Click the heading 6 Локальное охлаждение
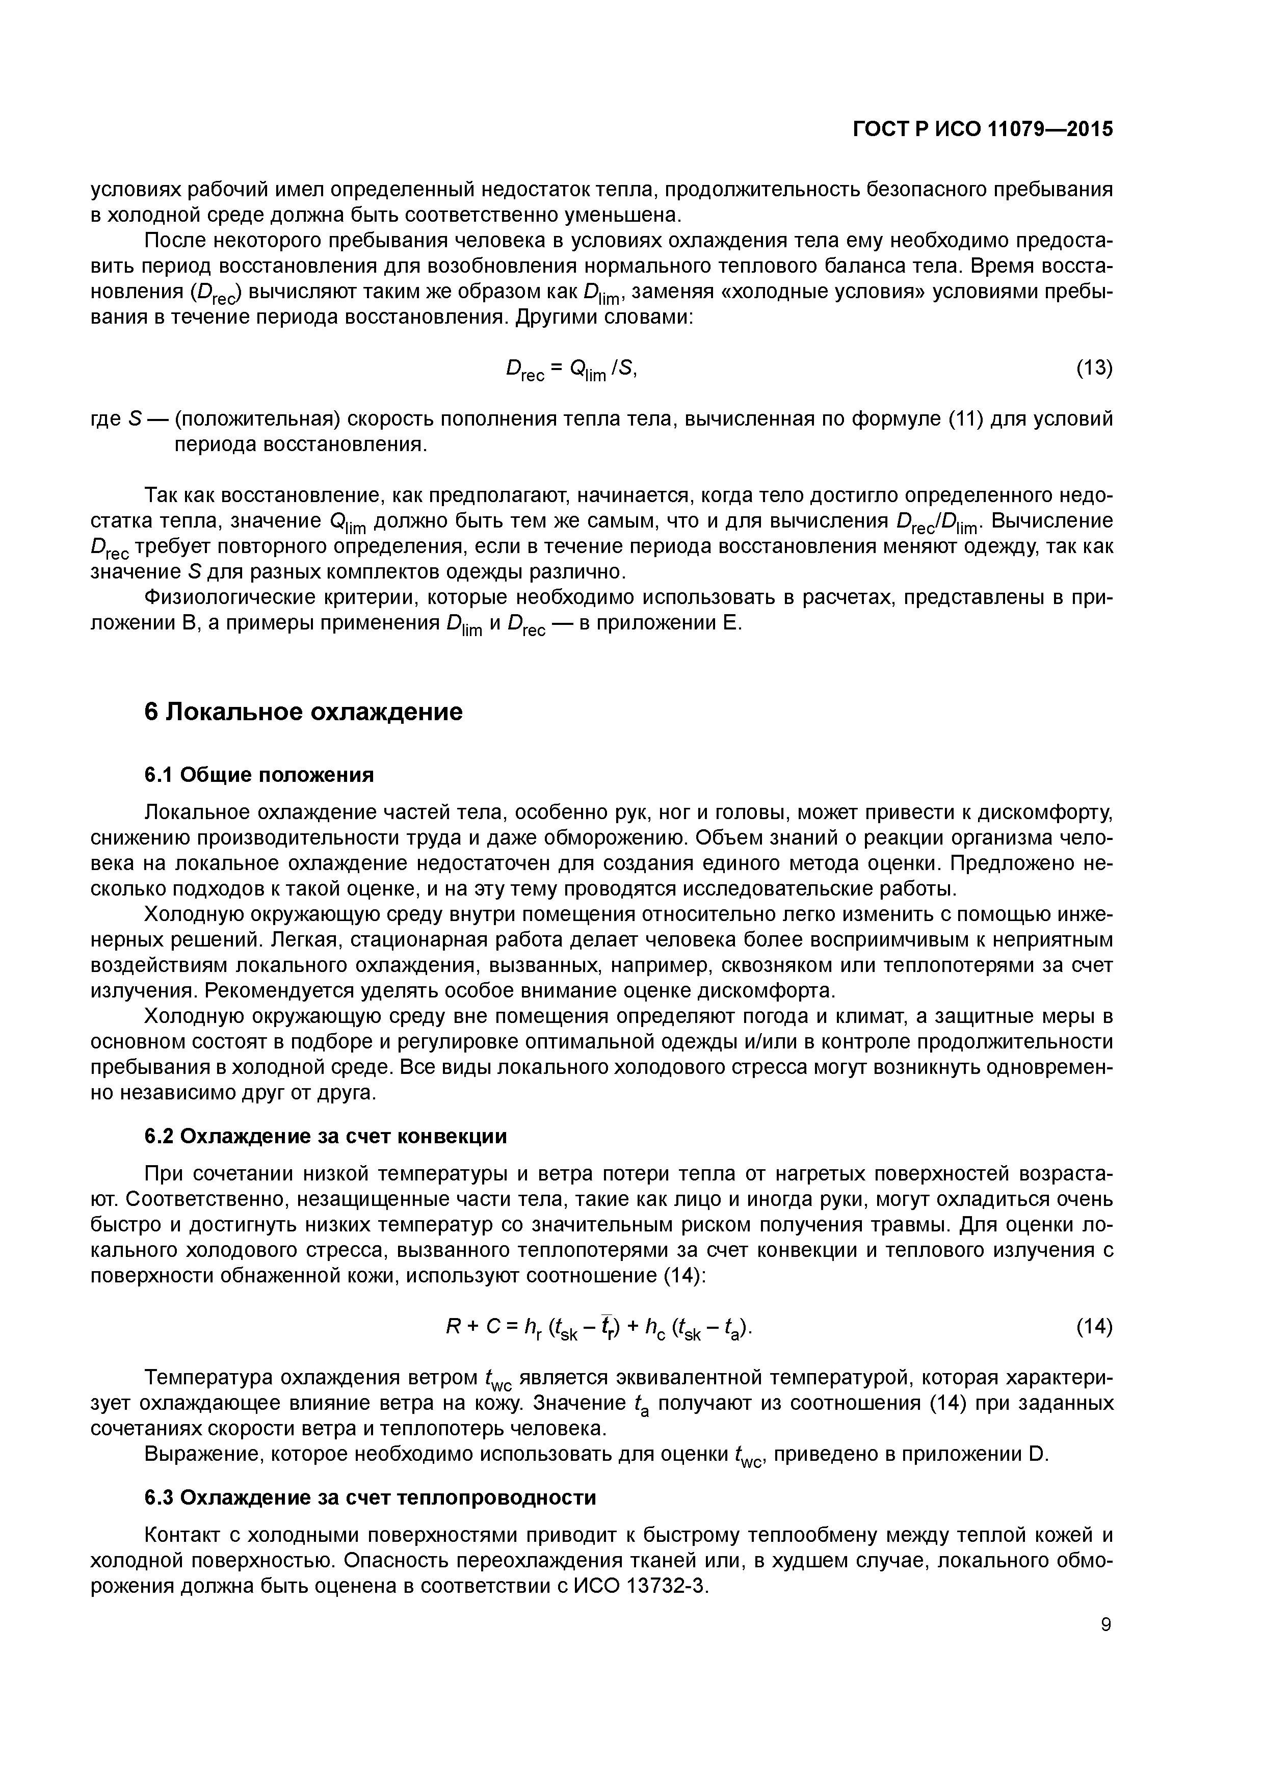coord(304,712)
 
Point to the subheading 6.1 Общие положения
coord(259,775)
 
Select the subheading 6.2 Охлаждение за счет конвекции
coord(326,1136)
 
